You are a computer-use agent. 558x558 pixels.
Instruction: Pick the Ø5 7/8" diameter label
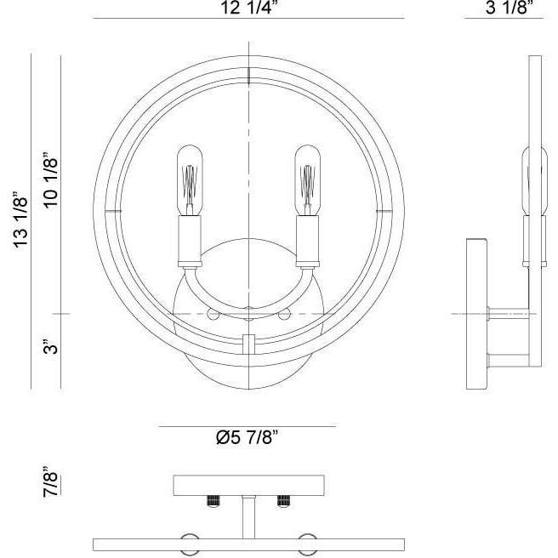(x=248, y=439)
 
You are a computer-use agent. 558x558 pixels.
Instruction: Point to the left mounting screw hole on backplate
(x=213, y=315)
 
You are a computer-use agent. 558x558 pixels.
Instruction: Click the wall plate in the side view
(x=476, y=315)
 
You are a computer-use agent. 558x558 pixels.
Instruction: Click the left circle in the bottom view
(x=190, y=544)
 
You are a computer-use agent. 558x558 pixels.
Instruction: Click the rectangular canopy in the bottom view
(x=247, y=485)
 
